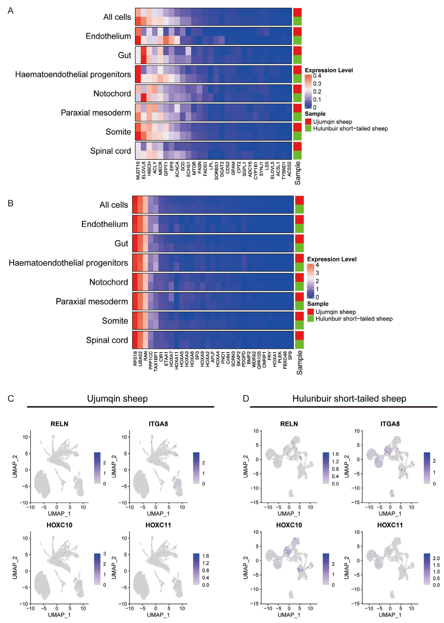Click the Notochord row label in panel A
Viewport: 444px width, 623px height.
tap(112, 94)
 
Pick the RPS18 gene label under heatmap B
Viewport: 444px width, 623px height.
tap(135, 359)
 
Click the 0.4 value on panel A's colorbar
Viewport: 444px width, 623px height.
tap(317, 76)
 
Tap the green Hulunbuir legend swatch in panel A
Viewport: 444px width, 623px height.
tap(308, 128)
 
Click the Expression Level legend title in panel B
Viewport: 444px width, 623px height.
tap(332, 259)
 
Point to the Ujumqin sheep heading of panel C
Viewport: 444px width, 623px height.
tap(117, 398)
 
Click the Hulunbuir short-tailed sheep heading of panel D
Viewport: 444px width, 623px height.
tap(349, 398)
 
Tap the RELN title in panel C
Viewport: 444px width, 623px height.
tap(59, 424)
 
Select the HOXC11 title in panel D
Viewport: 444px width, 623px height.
tap(390, 525)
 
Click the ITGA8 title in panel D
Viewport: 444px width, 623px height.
tap(390, 424)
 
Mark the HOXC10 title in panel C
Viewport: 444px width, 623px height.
tap(59, 525)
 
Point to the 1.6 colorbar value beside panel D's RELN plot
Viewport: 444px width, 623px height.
tap(335, 454)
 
